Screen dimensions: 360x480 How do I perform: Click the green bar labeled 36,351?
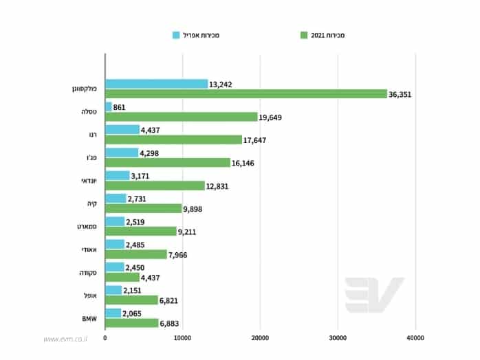(x=246, y=94)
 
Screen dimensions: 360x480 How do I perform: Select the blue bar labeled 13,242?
(x=157, y=84)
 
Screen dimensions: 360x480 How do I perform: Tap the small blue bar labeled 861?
(x=109, y=106)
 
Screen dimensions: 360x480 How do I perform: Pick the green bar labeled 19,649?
(x=182, y=117)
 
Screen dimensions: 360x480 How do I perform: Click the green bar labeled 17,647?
(x=174, y=139)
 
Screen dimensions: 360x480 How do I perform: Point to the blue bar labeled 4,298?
(x=122, y=153)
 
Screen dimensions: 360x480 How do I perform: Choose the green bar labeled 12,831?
(x=155, y=185)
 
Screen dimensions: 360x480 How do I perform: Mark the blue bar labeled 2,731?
(x=116, y=199)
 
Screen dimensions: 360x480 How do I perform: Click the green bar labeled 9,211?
(x=141, y=232)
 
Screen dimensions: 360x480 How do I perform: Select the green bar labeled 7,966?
(x=136, y=254)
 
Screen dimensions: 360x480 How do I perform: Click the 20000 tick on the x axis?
(x=260, y=338)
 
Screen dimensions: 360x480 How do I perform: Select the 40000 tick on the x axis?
(x=415, y=338)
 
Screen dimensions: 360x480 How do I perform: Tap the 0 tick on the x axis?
(x=105, y=338)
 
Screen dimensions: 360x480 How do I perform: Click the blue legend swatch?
(x=176, y=34)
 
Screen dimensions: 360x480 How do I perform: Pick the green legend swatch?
(x=304, y=34)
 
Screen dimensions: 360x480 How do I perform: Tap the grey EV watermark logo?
(x=373, y=295)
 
